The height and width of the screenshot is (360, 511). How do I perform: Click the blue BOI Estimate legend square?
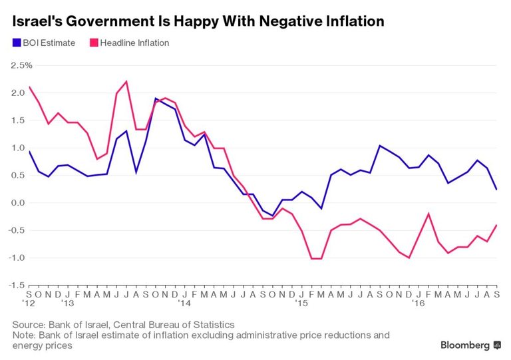coord(16,43)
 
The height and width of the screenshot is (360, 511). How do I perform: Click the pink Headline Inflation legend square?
coord(93,43)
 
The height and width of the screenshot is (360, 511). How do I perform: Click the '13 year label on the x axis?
coord(67,303)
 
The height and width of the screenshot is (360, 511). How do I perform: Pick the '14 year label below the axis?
coord(184,303)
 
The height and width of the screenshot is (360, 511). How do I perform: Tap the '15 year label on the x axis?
coord(301,303)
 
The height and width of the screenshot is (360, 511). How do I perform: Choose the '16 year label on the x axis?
coord(419,303)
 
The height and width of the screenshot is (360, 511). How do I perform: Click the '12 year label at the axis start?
coord(29,303)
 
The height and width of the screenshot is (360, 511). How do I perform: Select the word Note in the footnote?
coord(24,335)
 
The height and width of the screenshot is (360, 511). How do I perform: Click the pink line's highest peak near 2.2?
coord(126,81)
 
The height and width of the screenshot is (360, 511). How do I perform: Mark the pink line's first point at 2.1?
coord(29,87)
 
